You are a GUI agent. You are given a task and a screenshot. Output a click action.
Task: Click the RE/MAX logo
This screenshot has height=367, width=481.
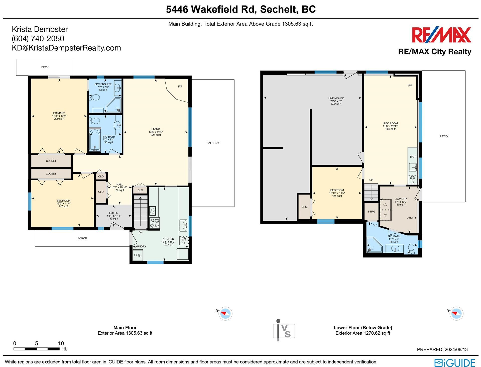click(441, 35)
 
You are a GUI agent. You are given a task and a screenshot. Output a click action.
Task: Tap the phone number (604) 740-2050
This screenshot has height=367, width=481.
click(38, 39)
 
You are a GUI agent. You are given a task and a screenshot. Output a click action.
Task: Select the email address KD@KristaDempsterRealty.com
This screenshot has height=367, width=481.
click(66, 48)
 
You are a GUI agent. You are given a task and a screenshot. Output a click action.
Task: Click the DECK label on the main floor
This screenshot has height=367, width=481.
click(45, 67)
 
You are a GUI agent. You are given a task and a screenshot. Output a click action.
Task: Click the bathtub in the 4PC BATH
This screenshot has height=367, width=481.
click(95, 140)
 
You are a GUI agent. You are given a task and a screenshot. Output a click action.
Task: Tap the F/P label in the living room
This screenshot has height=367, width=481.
click(180, 86)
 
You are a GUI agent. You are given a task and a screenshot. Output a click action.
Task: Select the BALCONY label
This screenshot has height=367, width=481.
click(213, 143)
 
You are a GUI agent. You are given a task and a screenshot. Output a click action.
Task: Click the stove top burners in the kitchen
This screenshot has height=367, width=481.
click(154, 223)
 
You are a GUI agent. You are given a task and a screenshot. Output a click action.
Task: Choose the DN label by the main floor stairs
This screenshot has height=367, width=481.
click(141, 232)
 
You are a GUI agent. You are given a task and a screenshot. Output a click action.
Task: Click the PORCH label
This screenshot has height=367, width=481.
click(82, 238)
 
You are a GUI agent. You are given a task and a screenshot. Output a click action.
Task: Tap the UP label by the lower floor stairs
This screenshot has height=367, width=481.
click(371, 180)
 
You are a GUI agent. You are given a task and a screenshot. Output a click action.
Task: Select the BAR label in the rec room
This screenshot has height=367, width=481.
click(413, 157)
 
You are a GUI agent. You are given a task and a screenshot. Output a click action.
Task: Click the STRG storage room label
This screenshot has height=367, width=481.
click(372, 212)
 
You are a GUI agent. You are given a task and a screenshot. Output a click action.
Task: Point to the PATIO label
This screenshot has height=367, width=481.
click(443, 136)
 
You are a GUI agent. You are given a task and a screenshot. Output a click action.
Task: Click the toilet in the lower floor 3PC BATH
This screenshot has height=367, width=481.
click(411, 248)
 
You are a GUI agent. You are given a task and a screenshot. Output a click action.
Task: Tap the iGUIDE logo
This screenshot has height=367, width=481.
click(454, 363)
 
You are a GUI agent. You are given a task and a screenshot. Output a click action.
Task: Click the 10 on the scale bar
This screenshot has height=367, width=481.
click(61, 343)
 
